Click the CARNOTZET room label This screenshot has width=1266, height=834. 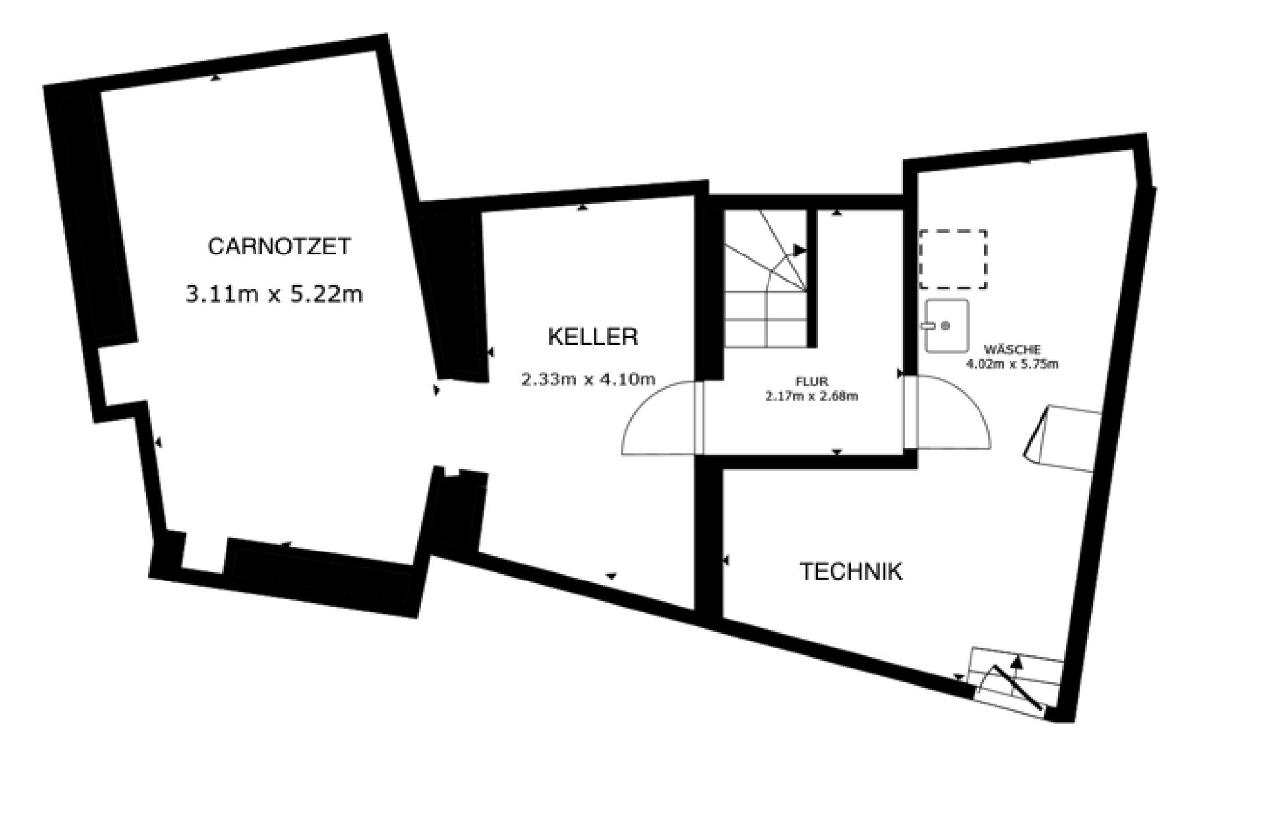pos(279,247)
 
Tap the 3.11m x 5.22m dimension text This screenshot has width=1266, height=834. pos(274,294)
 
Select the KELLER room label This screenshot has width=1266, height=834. pos(593,337)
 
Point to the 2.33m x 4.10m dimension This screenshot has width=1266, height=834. pos(588,380)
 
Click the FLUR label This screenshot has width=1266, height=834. pos(812,382)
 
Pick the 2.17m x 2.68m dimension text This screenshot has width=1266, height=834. pos(812,396)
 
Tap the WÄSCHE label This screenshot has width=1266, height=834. pos(1013,350)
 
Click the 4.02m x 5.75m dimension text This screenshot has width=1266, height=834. pos(1013,364)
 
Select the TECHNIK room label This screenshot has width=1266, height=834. pos(851,571)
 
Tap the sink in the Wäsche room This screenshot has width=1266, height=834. pos(947,326)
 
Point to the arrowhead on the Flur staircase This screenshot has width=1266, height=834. pos(799,251)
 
